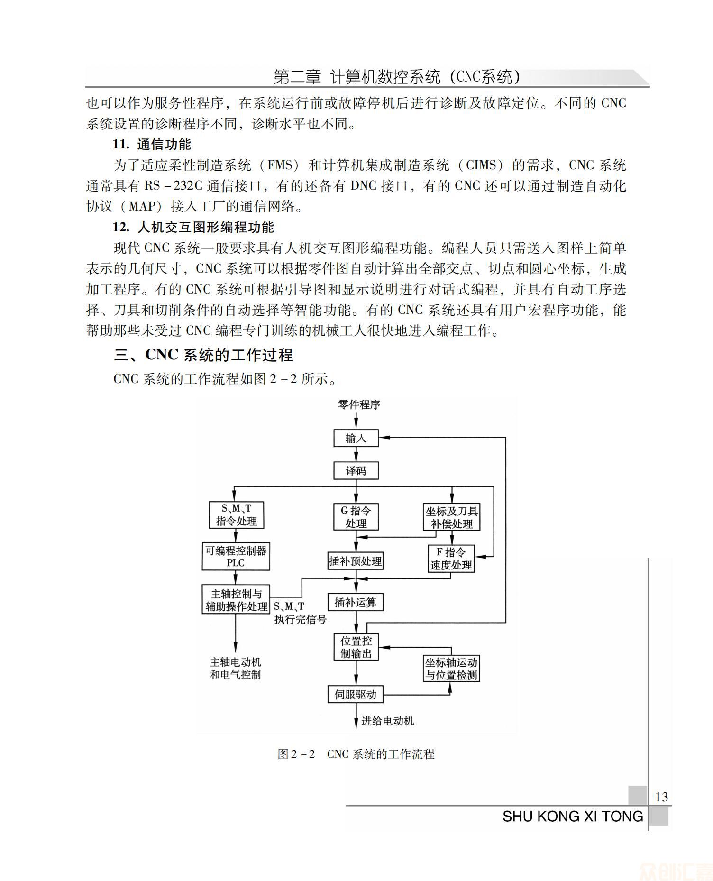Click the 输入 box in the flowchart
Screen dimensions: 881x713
356,438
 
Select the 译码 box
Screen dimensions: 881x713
356,471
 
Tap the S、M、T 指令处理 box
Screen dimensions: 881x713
236,515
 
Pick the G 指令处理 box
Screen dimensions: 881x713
356,517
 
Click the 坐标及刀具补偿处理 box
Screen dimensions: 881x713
452,517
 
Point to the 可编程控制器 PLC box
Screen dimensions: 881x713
236,557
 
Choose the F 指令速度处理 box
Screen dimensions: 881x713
451,559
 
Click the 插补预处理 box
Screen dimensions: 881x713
355,561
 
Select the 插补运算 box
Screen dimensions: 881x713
355,603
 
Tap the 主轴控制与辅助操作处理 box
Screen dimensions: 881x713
236,600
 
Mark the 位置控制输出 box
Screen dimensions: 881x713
356,647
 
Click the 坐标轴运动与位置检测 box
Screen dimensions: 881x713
451,669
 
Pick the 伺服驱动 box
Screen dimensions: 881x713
355,695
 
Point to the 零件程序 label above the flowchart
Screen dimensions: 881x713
359,404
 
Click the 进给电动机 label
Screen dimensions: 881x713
387,721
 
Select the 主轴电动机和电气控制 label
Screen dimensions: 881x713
236,668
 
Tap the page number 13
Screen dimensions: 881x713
661,797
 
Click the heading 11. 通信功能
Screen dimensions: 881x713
152,145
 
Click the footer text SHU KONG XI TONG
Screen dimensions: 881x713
573,817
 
